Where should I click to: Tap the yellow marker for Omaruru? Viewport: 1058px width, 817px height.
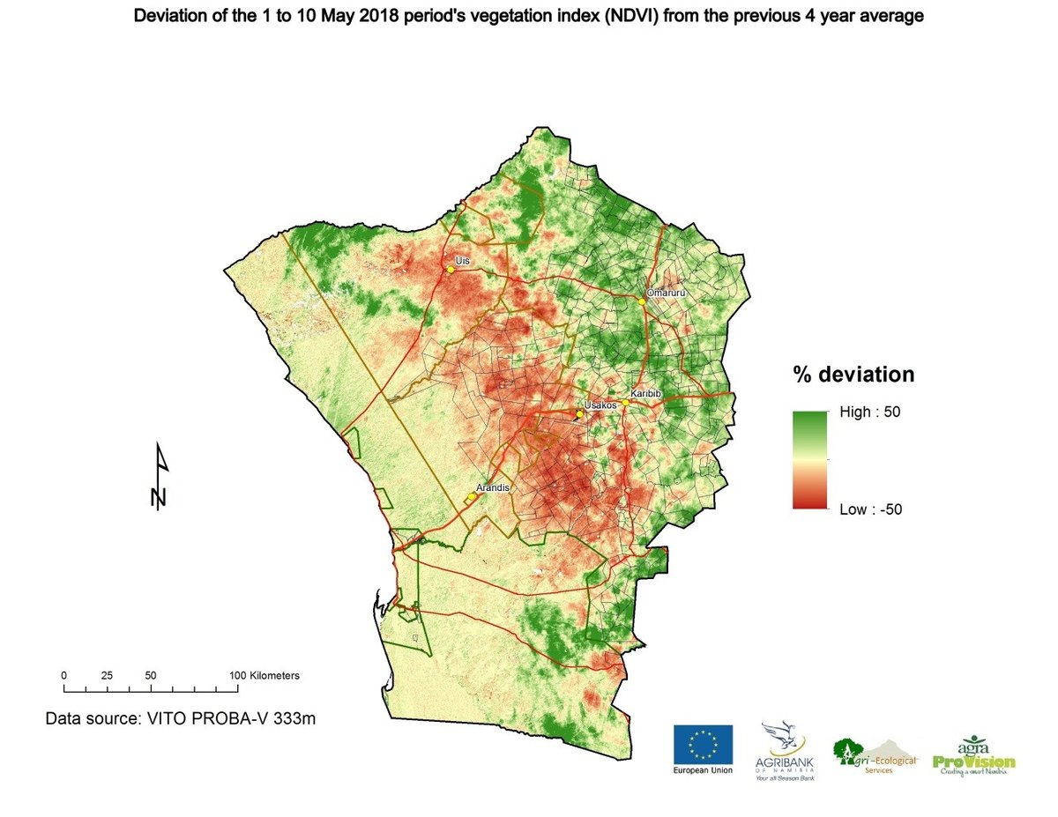pyautogui.click(x=643, y=301)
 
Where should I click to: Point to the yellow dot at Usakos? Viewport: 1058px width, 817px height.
pyautogui.click(x=579, y=413)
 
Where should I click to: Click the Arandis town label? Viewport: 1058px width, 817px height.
pyautogui.click(x=493, y=486)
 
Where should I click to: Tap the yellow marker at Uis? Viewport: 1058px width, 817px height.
pyautogui.click(x=451, y=269)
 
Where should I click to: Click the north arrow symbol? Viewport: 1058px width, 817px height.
pyautogui.click(x=160, y=476)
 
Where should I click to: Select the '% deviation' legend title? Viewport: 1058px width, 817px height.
pyautogui.click(x=853, y=375)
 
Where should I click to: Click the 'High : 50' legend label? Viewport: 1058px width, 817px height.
pyautogui.click(x=868, y=412)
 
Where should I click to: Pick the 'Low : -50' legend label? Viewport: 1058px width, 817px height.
pyautogui.click(x=869, y=509)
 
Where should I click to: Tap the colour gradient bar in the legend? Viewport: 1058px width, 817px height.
pyautogui.click(x=809, y=460)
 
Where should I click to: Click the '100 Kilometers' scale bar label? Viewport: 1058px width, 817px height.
pyautogui.click(x=264, y=675)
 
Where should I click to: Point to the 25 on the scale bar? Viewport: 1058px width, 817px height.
pyautogui.click(x=107, y=675)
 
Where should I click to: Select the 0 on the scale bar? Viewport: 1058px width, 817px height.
pyautogui.click(x=63, y=675)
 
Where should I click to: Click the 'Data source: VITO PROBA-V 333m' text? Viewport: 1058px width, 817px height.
pyautogui.click(x=181, y=718)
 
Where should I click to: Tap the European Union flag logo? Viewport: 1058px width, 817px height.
pyautogui.click(x=703, y=745)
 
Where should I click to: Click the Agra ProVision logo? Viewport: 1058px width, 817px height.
pyautogui.click(x=974, y=754)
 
